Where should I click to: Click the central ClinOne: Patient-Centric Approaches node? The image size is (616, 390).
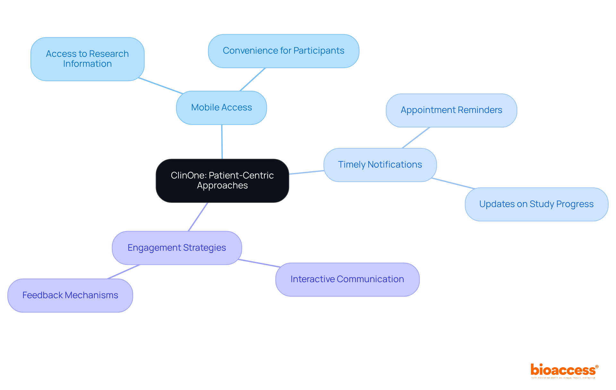point(222,180)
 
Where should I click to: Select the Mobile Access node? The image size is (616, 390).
point(221,108)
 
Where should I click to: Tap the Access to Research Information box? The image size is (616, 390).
point(87,59)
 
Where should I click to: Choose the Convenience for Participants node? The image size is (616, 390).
point(283,51)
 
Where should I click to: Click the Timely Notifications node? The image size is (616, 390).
point(380,165)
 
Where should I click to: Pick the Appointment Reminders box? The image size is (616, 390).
point(451,110)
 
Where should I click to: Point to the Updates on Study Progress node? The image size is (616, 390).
point(536,204)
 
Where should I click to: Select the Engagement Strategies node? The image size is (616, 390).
point(177,248)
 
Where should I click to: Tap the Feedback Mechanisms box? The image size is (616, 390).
point(70,295)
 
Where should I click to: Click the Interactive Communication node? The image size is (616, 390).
point(347,279)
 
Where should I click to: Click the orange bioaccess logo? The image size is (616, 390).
point(564,370)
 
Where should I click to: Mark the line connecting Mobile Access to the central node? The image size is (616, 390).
point(222,142)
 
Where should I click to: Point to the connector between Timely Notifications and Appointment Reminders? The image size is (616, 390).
point(416,138)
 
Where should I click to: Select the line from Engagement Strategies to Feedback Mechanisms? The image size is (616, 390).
point(124,272)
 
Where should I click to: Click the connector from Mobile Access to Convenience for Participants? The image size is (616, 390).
point(253,79)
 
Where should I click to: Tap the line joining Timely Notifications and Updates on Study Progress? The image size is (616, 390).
point(453,183)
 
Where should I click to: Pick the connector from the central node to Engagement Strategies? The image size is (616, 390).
point(198,217)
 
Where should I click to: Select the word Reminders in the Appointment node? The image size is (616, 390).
point(480,110)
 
